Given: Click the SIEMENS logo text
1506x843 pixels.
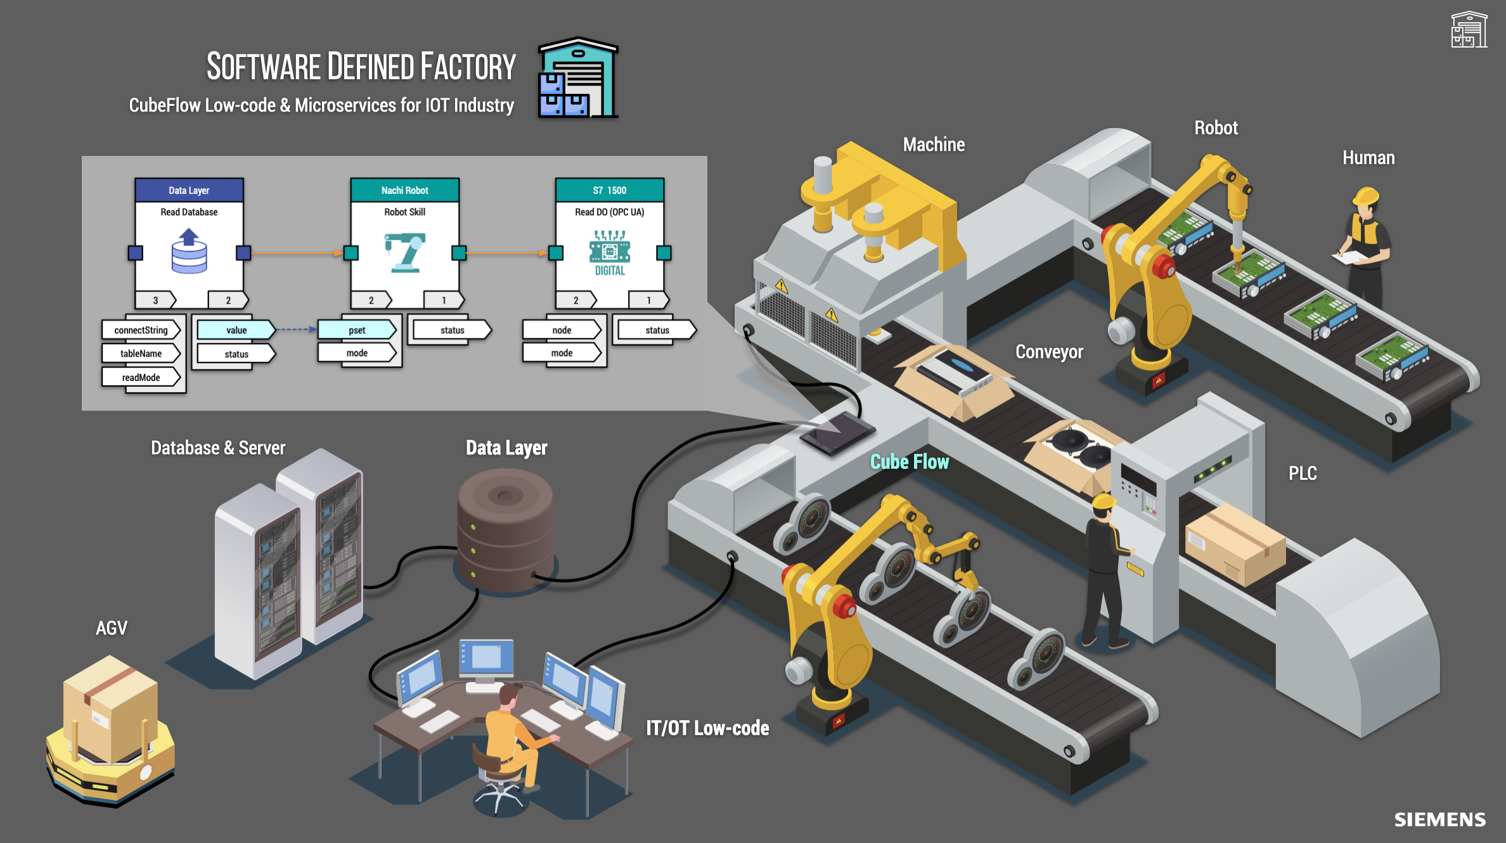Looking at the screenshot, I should point(1439,820).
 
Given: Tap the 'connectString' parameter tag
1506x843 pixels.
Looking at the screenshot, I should point(141,330).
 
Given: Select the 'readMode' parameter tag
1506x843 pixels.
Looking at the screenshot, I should point(141,377).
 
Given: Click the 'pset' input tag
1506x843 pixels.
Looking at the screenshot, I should point(357,330).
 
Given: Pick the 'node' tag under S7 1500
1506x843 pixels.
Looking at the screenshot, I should point(562,330).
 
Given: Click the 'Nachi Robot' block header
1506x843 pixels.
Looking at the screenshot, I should point(404,190).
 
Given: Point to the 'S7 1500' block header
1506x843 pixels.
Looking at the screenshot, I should point(609,190).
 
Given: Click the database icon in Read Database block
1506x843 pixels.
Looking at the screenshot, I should point(189,252).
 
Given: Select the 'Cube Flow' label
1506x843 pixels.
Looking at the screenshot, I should point(909,461).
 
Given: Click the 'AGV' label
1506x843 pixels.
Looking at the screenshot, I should point(112,627).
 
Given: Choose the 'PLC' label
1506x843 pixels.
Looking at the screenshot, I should point(1303,473).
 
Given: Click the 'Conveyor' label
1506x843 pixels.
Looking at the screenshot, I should point(1049,351).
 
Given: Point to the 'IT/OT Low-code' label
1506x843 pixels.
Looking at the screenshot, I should point(707,728).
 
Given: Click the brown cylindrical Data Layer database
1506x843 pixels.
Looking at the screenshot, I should point(505,529).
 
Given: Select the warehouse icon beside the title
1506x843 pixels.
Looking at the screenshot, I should point(577,77).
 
